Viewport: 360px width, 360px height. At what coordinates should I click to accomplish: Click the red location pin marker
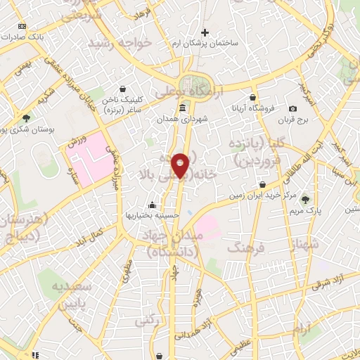[181, 165]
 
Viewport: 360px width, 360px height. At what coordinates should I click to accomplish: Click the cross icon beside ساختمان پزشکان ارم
[205, 32]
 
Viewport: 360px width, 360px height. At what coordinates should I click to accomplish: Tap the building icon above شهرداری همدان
[183, 108]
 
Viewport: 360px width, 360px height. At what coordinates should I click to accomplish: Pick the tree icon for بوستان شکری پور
[26, 118]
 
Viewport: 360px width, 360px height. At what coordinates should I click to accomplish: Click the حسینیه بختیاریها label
[153, 214]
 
